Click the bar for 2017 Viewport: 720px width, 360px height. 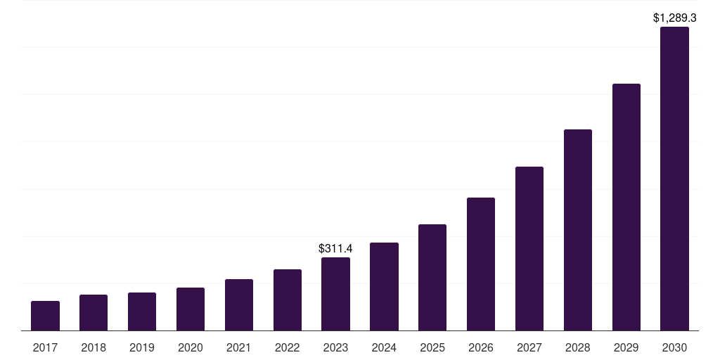[x=45, y=316]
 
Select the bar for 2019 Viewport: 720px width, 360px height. [x=142, y=311]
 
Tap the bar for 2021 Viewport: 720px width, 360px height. [x=239, y=304]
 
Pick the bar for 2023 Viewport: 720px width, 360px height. [x=335, y=294]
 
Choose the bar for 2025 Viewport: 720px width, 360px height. [x=432, y=277]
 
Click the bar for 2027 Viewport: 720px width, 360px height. [x=529, y=248]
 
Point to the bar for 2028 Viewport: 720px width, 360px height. [x=578, y=230]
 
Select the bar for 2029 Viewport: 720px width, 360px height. [x=626, y=207]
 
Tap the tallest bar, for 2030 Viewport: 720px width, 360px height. [x=674, y=179]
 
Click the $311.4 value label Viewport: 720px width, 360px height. [x=335, y=249]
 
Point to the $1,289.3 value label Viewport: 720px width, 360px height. [x=674, y=18]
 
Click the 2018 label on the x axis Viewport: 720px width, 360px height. [x=94, y=347]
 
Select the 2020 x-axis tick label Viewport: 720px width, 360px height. [x=191, y=347]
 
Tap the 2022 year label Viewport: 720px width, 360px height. [x=288, y=347]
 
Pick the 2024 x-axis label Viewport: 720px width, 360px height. [x=384, y=347]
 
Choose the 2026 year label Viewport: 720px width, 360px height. [x=481, y=347]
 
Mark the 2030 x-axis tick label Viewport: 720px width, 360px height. [x=674, y=347]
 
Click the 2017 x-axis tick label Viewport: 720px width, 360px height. [x=45, y=347]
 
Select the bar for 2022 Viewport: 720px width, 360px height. [x=288, y=300]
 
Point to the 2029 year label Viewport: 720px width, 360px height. [x=626, y=347]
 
